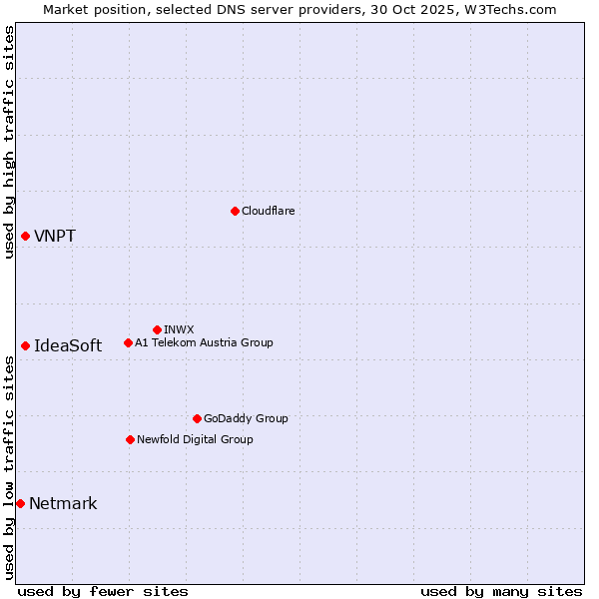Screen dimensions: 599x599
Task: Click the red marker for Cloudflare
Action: coord(235,211)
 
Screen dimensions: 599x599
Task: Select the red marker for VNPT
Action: coord(25,236)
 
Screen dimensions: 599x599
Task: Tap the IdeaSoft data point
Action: coord(25,345)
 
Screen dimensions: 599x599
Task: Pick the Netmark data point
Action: coord(20,503)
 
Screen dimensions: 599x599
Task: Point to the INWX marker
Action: coord(157,329)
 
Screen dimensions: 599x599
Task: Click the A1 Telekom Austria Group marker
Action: coord(128,342)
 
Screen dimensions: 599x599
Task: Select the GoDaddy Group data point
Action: coord(197,418)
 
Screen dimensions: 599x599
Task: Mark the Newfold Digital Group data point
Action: coord(130,439)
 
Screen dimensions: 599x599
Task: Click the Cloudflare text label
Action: coord(268,211)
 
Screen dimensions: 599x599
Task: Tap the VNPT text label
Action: coord(55,237)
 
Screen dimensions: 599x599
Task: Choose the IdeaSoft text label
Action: coord(68,346)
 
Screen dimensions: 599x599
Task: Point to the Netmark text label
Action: coord(63,504)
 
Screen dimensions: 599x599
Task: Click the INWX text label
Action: coord(179,329)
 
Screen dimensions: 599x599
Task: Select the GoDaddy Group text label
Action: coord(246,418)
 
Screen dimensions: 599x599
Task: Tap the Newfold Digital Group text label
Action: coord(195,439)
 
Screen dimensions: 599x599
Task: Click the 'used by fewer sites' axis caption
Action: coord(103,591)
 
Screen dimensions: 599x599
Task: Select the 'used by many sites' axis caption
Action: coord(501,591)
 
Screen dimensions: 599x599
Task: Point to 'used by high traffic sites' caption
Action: coord(9,142)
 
